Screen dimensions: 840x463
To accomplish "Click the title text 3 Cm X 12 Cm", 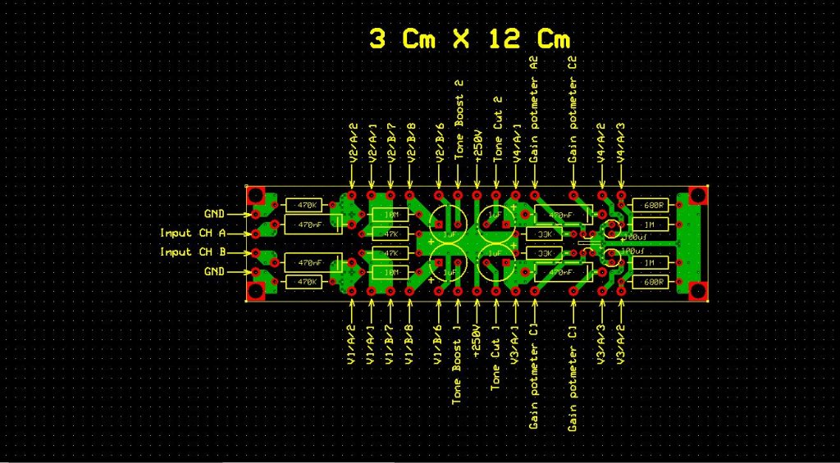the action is [468, 39].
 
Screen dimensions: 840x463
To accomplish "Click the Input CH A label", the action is [193, 233].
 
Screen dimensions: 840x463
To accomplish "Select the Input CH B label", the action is [193, 252].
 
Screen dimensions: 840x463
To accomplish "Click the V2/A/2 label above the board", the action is [353, 143].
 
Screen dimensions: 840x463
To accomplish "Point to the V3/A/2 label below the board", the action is [621, 345].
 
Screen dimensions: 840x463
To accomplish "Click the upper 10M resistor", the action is [391, 215].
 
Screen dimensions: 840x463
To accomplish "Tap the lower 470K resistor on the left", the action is [306, 282].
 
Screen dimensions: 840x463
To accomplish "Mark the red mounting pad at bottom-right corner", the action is [698, 291].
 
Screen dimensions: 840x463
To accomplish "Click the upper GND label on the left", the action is [214, 214].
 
